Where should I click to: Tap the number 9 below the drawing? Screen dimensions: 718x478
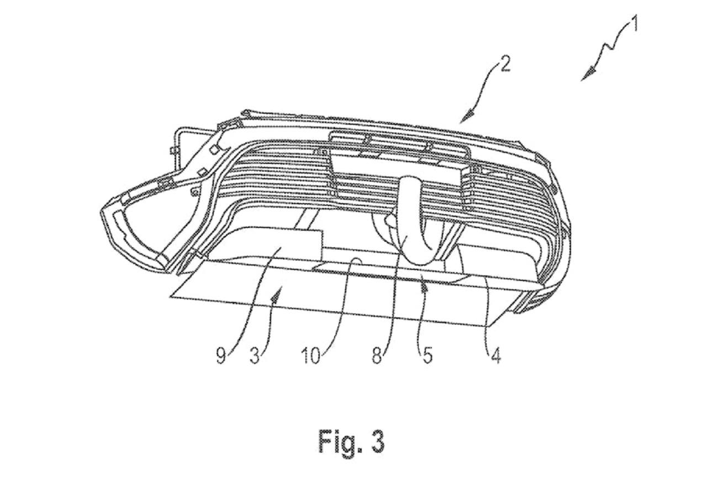pos(221,356)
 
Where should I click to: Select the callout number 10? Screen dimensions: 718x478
pos(310,356)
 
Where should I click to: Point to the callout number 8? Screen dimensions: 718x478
pos(377,356)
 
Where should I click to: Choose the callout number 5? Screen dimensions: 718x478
pos(427,356)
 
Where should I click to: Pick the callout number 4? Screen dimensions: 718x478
pos(495,356)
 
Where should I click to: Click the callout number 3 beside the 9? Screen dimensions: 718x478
pos(255,356)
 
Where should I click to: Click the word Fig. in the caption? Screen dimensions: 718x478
pos(338,442)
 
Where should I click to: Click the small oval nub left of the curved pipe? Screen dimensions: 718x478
pos(390,220)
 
